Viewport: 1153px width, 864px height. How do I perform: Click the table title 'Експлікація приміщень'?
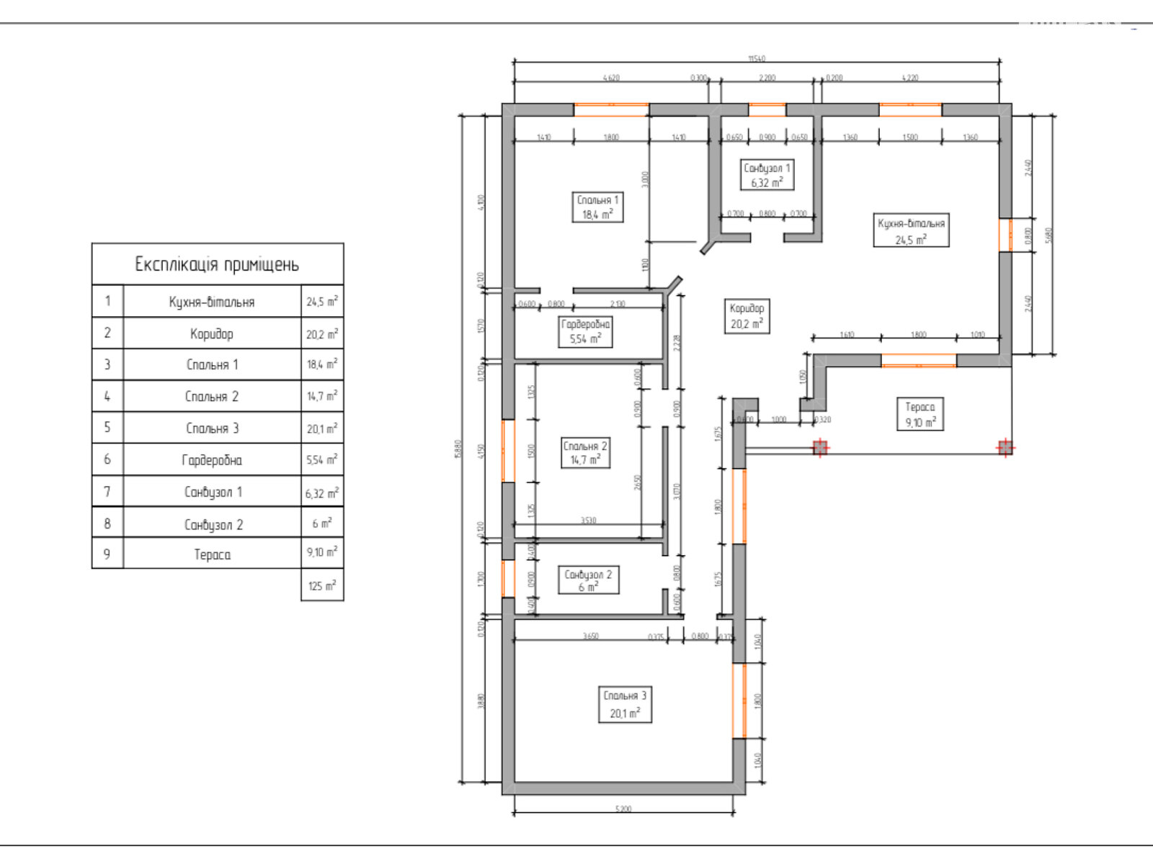point(217,264)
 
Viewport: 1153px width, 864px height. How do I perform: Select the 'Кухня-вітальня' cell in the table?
point(212,302)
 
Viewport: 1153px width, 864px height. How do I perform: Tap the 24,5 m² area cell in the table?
point(322,302)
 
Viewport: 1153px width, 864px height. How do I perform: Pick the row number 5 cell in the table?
point(107,428)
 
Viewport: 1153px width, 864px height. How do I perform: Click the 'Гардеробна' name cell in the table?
point(212,460)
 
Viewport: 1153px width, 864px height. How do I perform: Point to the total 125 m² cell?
point(322,585)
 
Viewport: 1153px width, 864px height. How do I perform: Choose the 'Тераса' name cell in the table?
point(212,554)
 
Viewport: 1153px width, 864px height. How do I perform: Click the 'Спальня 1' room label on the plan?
point(597,207)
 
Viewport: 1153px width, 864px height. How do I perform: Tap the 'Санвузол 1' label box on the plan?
point(767,175)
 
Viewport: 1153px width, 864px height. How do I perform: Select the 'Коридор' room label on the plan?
point(747,316)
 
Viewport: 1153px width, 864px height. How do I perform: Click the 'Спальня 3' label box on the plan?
point(625,705)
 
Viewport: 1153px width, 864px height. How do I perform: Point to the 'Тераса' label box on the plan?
point(920,415)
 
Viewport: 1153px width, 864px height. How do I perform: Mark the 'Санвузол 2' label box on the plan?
point(588,580)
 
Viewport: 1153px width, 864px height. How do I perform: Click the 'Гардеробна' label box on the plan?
point(586,332)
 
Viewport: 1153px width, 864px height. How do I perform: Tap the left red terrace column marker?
point(820,448)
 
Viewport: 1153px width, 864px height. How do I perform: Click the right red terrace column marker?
point(1006,448)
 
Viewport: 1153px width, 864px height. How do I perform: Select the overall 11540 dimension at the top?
point(757,59)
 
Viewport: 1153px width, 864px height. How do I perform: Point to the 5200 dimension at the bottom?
point(623,809)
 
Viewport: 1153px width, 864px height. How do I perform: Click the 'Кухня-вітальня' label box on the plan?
point(911,230)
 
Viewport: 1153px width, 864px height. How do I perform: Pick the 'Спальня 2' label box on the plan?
point(585,453)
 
